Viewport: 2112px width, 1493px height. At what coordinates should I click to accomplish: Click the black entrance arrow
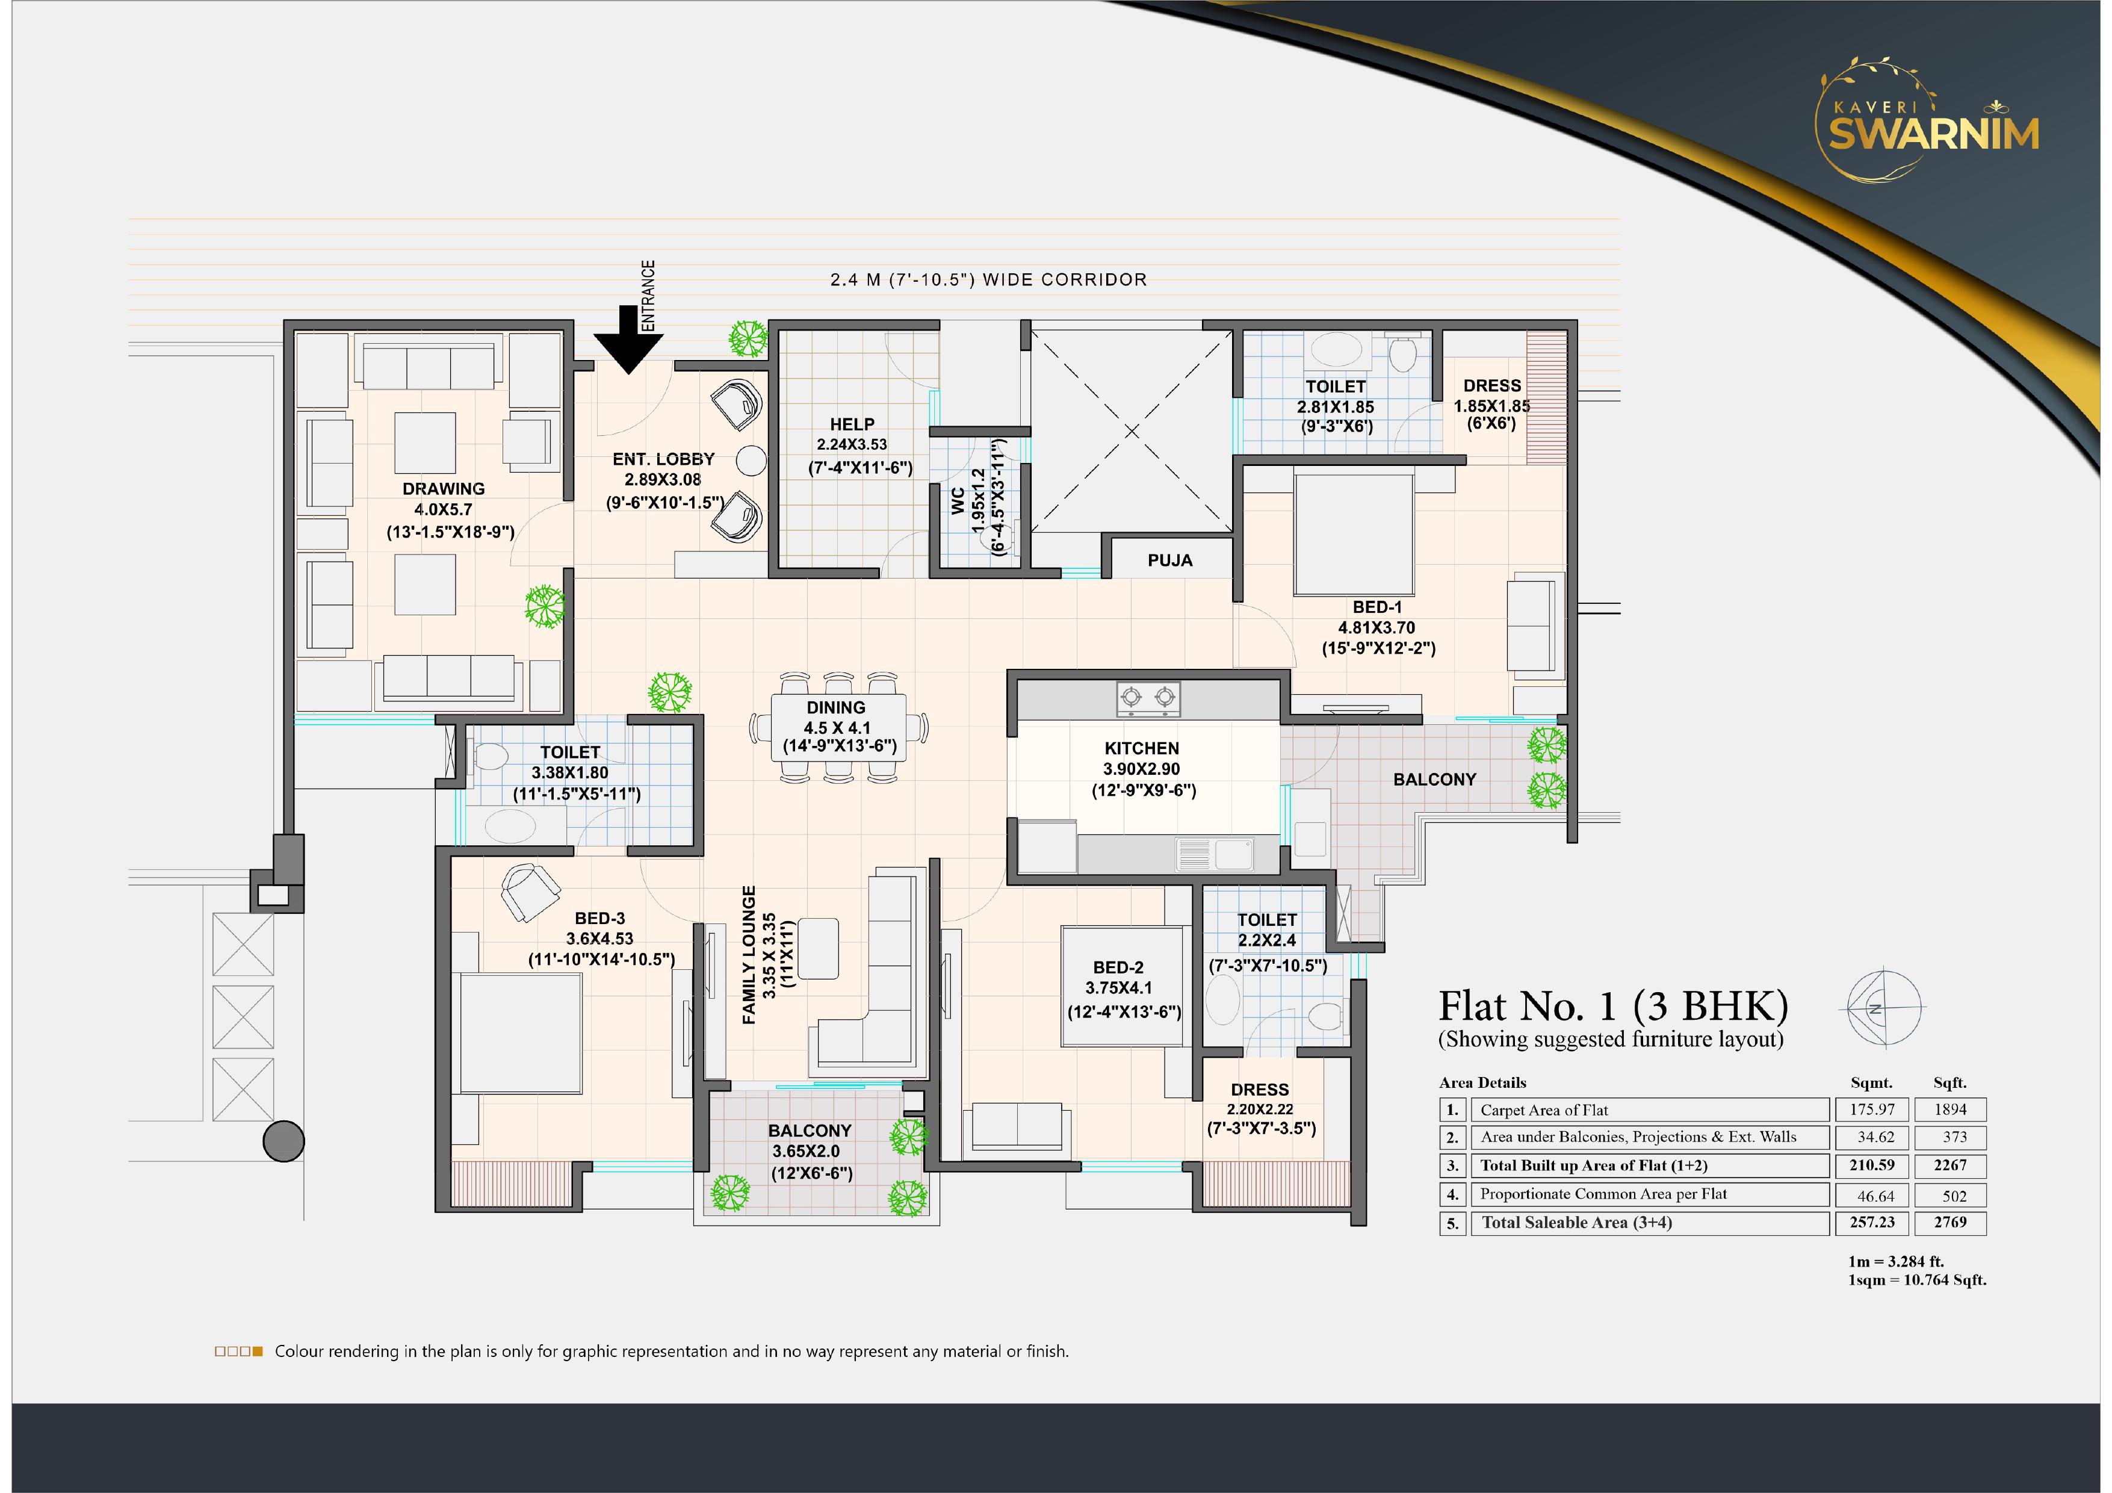coord(628,340)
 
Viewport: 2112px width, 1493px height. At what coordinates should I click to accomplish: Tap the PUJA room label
coord(1169,561)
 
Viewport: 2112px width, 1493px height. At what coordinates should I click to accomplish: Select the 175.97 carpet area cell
coord(1872,1110)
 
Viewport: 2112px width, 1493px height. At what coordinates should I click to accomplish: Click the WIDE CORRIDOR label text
coord(1065,280)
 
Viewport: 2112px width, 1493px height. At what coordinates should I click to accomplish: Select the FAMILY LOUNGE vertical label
coord(749,955)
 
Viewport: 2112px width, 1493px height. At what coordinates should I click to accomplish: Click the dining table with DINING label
coord(837,727)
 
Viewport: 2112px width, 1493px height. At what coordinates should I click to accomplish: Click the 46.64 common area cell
coord(1875,1196)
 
